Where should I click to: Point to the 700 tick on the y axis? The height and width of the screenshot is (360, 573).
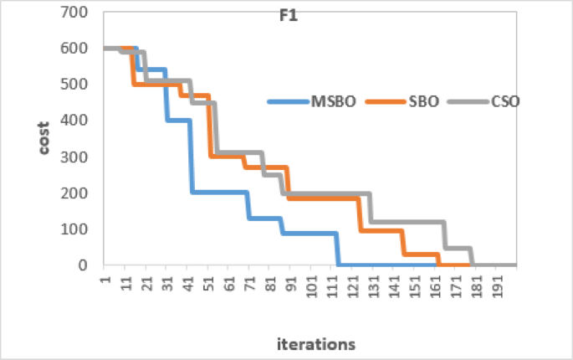tap(78, 13)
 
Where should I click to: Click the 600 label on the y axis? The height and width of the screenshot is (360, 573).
tap(78, 49)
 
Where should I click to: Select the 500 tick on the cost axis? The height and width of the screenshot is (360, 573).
tap(78, 85)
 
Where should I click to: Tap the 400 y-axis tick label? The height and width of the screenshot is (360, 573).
tap(78, 121)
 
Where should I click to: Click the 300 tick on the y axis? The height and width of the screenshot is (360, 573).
tap(78, 157)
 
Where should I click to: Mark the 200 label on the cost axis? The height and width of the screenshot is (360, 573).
tap(78, 193)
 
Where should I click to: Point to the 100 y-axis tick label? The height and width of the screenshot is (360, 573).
tap(78, 229)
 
